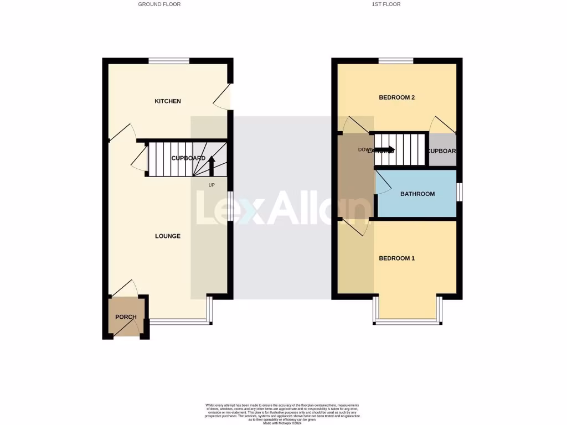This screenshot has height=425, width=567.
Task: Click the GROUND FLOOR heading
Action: [159, 4]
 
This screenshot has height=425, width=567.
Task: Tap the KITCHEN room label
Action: [167, 101]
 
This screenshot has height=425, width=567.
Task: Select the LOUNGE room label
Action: [167, 236]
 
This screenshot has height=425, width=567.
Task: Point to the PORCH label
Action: [126, 317]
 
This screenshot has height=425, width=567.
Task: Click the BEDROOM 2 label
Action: [396, 97]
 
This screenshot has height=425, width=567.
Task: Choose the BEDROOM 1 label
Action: [396, 258]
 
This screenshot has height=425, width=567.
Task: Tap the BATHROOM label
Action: [417, 194]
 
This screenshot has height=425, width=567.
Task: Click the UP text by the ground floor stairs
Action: [212, 185]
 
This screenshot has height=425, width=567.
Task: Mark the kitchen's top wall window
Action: [169, 61]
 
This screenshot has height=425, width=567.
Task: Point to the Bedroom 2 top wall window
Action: [396, 61]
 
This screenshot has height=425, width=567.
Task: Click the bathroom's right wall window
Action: [460, 192]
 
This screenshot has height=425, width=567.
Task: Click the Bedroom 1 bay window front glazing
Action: [408, 321]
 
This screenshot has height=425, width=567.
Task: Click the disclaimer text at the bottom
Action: [283, 413]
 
